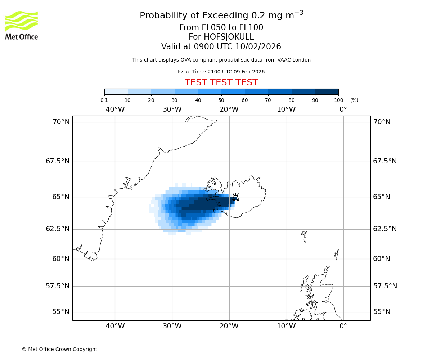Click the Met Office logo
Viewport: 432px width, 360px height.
22,25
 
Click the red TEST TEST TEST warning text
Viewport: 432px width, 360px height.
221,83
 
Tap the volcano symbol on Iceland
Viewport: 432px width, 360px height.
235,197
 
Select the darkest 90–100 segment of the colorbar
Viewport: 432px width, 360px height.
327,91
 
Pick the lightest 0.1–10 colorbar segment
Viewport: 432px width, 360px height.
116,91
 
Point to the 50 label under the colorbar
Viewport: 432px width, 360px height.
221,100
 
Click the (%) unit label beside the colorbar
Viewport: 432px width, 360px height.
354,100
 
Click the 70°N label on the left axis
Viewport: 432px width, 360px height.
61,122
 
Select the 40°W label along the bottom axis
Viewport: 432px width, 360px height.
115,326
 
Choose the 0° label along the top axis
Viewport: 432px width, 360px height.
343,109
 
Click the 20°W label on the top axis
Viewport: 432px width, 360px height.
229,109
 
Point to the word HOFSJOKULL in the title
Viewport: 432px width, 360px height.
229,37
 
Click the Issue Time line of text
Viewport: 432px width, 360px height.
221,72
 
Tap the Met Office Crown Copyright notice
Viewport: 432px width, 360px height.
59,350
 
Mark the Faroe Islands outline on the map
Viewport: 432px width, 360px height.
305,236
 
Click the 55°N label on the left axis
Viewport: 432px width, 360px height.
61,312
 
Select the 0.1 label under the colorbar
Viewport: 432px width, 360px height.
104,100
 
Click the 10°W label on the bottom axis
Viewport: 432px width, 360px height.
286,326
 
